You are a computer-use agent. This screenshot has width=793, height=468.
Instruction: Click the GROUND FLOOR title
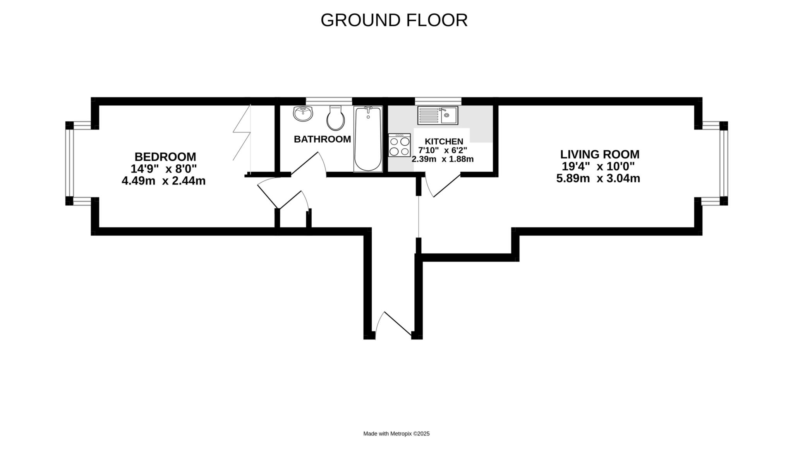tap(394, 20)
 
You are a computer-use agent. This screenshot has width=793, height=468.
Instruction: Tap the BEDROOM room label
tap(165, 157)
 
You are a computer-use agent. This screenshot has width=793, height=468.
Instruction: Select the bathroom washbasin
tap(303, 114)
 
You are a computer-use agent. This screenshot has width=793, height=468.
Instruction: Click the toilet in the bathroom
tap(336, 118)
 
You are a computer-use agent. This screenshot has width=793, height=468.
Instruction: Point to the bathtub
tap(368, 139)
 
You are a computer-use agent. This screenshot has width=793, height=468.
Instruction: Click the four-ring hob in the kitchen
tap(400, 145)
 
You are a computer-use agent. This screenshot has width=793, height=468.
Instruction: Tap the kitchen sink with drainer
tap(438, 115)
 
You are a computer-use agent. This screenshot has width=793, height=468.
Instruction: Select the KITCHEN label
tap(444, 141)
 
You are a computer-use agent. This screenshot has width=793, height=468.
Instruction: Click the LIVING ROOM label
tap(600, 154)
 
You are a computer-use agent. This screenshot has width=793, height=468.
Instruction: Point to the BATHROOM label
tap(322, 139)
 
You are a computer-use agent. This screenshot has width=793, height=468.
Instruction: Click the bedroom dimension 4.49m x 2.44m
tap(163, 181)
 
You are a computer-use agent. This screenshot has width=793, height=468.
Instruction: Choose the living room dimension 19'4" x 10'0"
tap(598, 167)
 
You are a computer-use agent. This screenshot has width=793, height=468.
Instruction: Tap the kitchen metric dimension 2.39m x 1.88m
tap(443, 159)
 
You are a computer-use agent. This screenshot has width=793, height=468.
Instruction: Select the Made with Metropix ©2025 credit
tap(396, 434)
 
